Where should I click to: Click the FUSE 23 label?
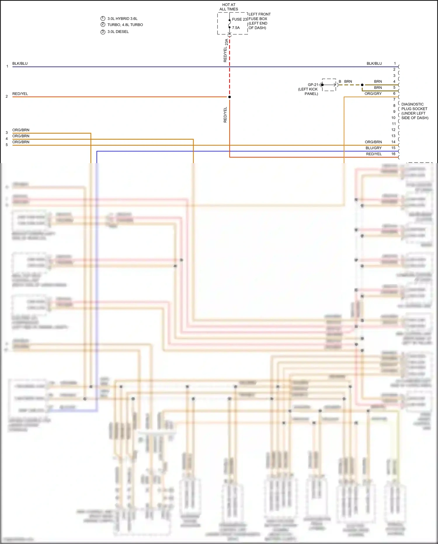[239, 19]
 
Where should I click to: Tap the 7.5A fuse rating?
[236, 28]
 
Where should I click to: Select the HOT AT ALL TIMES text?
[229, 7]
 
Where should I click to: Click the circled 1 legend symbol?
[103, 18]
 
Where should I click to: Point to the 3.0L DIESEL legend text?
[118, 32]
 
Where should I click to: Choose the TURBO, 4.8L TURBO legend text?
[125, 25]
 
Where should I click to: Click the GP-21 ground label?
[313, 85]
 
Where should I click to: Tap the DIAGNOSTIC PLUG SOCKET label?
[414, 111]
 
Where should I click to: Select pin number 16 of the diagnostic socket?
[393, 154]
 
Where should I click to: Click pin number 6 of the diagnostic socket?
[394, 94]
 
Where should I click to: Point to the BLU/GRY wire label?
[373, 148]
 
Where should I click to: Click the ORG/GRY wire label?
[373, 94]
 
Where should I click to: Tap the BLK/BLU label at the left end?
[20, 63]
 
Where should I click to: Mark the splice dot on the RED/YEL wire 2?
[230, 97]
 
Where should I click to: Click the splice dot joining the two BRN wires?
[362, 85]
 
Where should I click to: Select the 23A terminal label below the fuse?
[227, 42]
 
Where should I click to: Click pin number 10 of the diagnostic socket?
[393, 118]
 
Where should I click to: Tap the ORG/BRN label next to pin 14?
[373, 142]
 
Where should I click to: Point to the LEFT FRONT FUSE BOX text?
[259, 16]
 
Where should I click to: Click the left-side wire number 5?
[7, 145]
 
